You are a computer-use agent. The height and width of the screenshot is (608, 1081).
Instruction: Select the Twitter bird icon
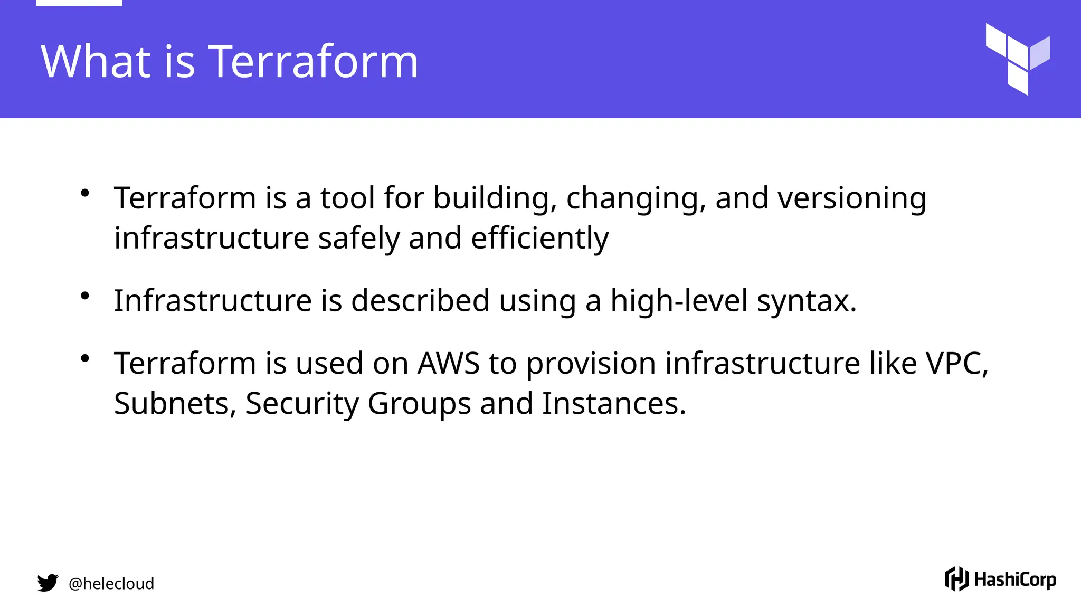(x=48, y=583)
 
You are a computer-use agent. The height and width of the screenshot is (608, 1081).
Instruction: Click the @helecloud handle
(x=111, y=583)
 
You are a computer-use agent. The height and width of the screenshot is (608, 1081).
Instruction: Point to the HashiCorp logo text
(x=1014, y=579)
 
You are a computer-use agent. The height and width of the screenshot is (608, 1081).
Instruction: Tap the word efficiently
(x=539, y=238)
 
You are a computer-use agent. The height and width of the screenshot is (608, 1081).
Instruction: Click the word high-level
(x=679, y=300)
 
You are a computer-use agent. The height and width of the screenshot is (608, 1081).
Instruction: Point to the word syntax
(x=805, y=301)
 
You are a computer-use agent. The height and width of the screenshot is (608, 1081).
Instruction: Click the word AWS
(x=448, y=363)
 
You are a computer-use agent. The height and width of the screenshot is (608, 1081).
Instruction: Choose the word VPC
(x=955, y=363)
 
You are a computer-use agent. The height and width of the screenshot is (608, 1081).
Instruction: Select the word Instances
(x=613, y=403)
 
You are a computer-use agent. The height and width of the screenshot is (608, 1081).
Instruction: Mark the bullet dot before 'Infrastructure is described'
(x=85, y=296)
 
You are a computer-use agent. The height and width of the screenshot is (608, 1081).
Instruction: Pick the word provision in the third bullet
(x=591, y=364)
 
